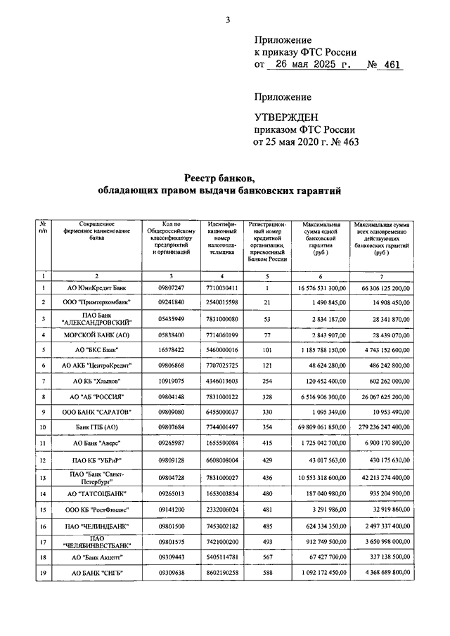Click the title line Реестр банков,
[x=219, y=177]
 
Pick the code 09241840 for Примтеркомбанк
[x=171, y=302]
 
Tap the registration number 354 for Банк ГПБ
[x=267, y=427]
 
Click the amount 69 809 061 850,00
[x=318, y=427]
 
